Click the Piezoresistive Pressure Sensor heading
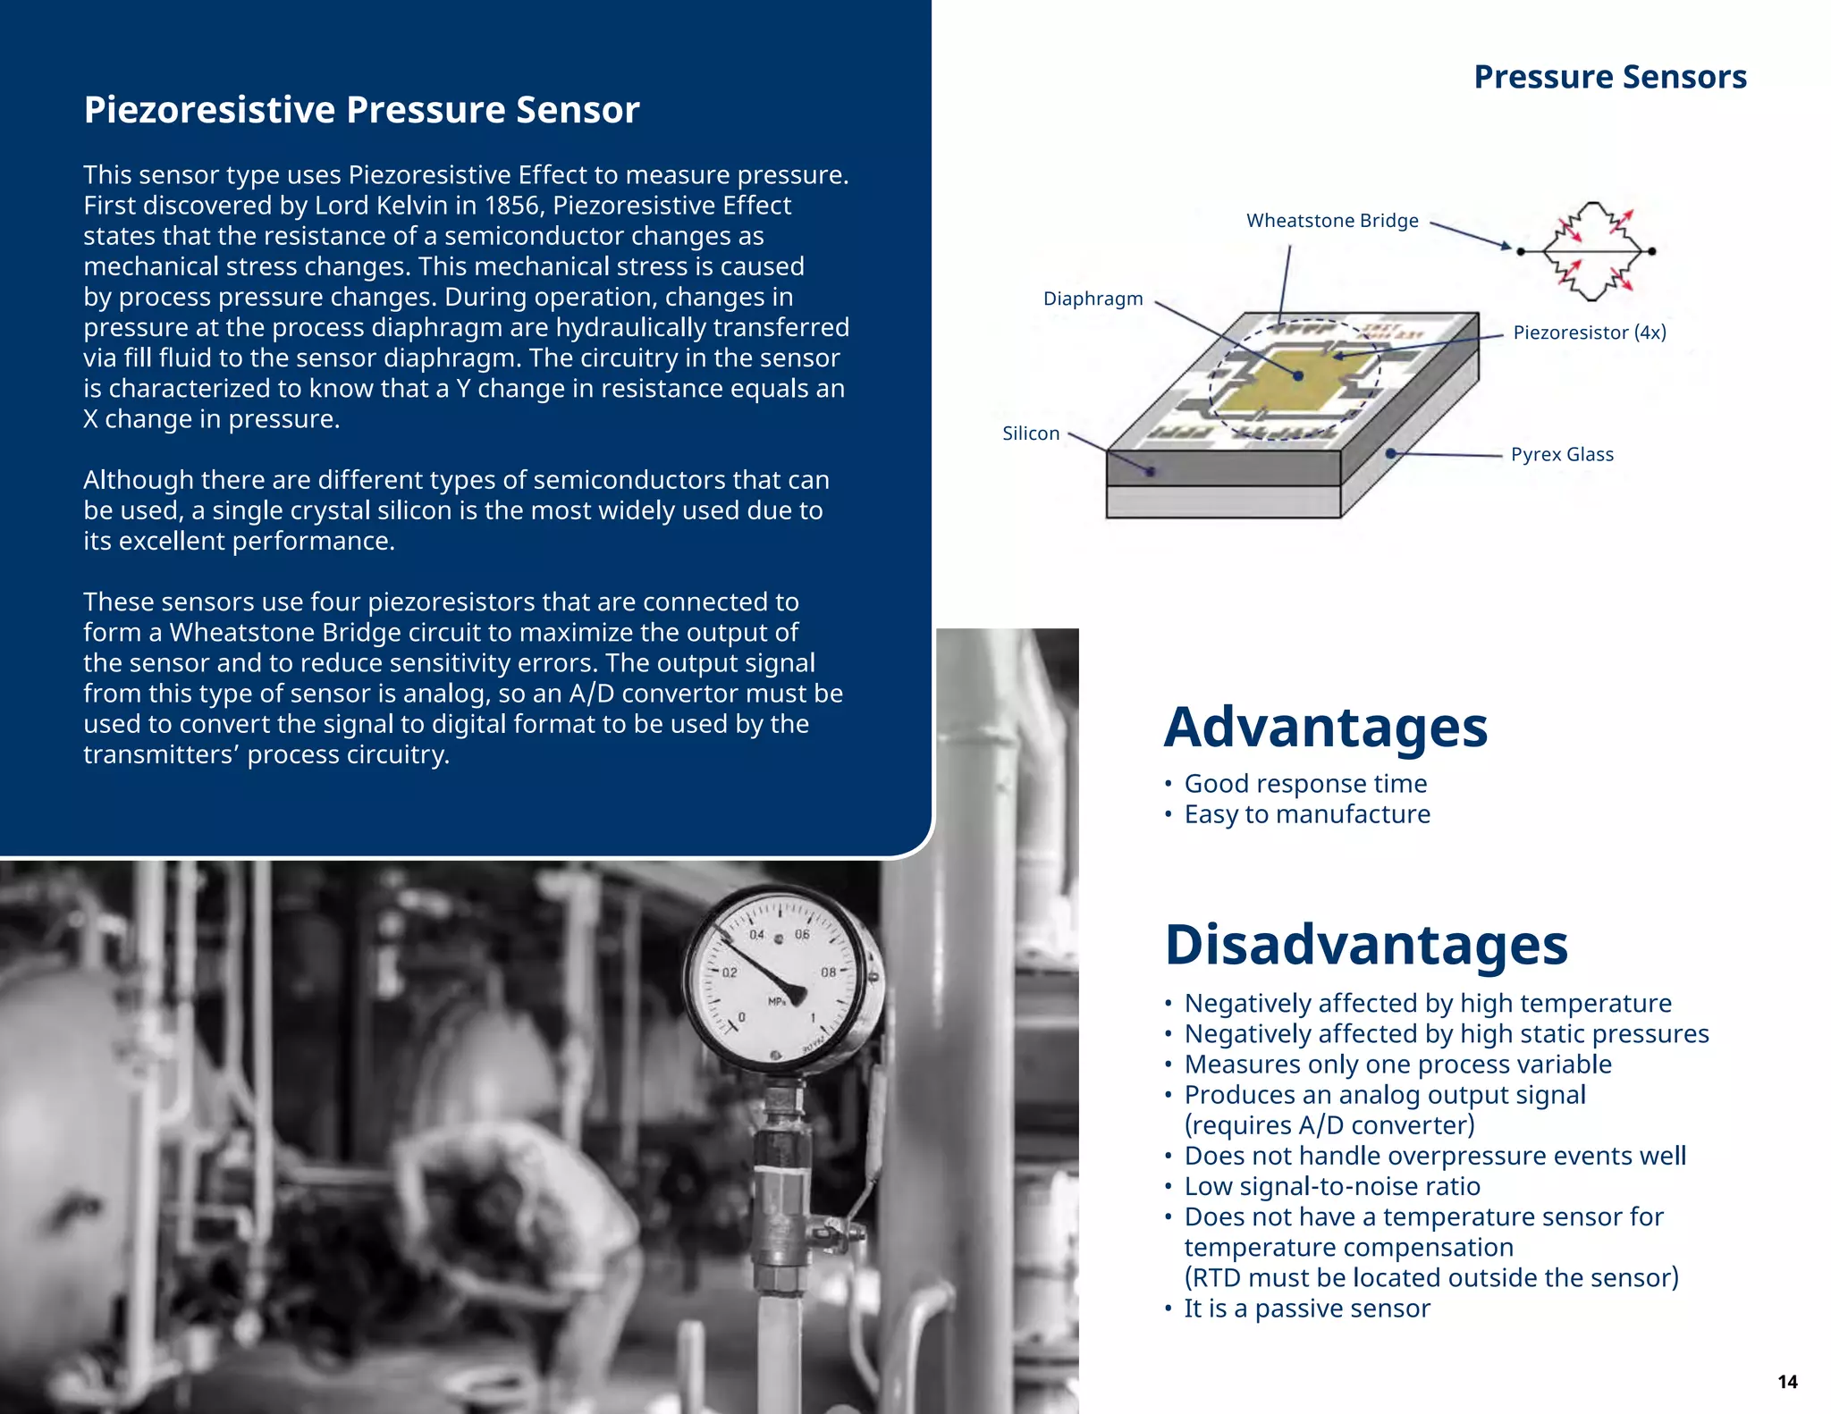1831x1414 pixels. pyautogui.click(x=361, y=110)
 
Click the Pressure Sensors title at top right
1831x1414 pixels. pyautogui.click(x=1609, y=77)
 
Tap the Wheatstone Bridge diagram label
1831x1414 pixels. pyautogui.click(x=1331, y=221)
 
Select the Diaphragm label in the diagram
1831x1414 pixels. pyautogui.click(x=1093, y=299)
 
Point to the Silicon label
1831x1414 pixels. pyautogui.click(x=1030, y=433)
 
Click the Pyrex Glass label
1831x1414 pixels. pyautogui.click(x=1561, y=454)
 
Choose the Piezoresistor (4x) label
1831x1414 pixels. pyautogui.click(x=1589, y=332)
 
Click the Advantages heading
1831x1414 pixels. pyautogui.click(x=1325, y=727)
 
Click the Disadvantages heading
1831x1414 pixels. pyautogui.click(x=1365, y=945)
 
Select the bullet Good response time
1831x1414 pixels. pyautogui.click(x=1305, y=784)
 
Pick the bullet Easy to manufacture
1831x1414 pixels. pyautogui.click(x=1307, y=814)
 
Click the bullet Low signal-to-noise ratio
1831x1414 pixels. pyautogui.click(x=1332, y=1186)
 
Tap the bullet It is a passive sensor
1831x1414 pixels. pyautogui.click(x=1307, y=1309)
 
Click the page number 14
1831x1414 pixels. pyautogui.click(x=1786, y=1382)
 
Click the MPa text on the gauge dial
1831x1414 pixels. pyautogui.click(x=777, y=1002)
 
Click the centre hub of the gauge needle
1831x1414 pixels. pyautogui.click(x=797, y=995)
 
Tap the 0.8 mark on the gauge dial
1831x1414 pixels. pyautogui.click(x=829, y=972)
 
